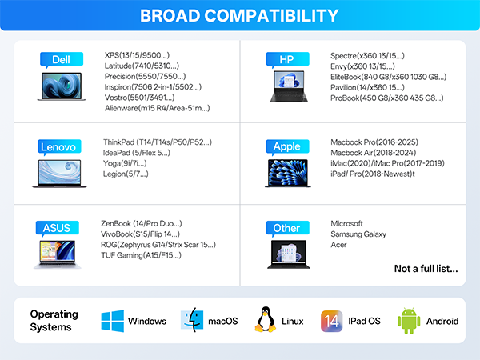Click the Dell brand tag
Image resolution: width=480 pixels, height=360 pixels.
pos(62,60)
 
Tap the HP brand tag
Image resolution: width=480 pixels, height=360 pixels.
pos(287,60)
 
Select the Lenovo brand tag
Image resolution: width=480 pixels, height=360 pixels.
pos(59,147)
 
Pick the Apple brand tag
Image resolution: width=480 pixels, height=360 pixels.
pos(287,147)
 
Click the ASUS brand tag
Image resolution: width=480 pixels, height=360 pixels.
pos(58,228)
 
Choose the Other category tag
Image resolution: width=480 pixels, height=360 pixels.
pos(287,228)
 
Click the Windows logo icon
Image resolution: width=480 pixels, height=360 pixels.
pos(113,321)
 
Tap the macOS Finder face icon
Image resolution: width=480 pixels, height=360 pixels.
pos(192,320)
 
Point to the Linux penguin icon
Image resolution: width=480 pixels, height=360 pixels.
pos(265,319)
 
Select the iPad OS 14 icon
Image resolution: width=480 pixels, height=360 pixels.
pos(331,321)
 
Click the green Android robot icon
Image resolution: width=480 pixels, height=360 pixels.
pos(409,321)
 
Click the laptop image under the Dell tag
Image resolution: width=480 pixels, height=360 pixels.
pos(62,86)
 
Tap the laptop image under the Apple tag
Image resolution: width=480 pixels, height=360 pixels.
pos(288,174)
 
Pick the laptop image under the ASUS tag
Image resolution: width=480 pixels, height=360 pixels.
pos(58,254)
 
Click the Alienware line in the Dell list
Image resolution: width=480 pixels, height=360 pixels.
pos(157,108)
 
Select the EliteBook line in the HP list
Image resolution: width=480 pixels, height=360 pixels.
pos(388,77)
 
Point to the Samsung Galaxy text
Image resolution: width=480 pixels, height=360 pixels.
pos(358,234)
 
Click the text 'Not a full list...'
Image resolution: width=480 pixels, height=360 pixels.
pos(426,269)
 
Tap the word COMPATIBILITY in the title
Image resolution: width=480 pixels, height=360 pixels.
pos(271,15)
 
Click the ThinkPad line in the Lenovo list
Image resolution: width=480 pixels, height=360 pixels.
pos(158,142)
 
